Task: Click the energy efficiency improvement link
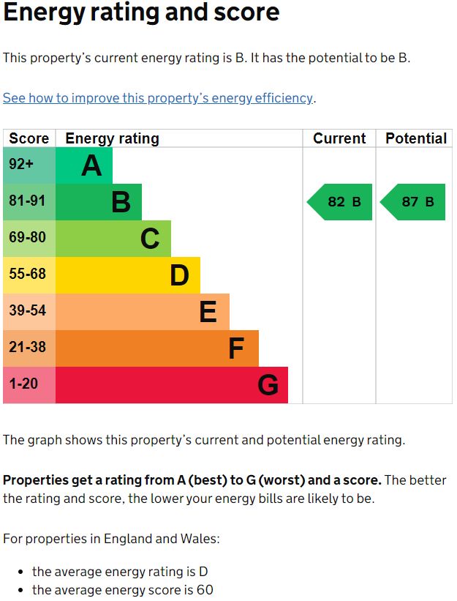(x=159, y=98)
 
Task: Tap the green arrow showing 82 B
(x=340, y=202)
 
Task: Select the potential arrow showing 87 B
(x=414, y=202)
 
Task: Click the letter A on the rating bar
(x=91, y=166)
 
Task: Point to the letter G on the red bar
(x=268, y=385)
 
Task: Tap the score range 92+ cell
(x=29, y=165)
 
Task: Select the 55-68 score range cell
(x=29, y=275)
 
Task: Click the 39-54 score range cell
(x=29, y=312)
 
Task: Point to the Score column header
(x=29, y=138)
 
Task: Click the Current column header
(x=339, y=138)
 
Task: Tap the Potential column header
(x=415, y=138)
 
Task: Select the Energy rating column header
(x=112, y=138)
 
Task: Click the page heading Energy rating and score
(x=141, y=13)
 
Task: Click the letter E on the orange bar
(x=208, y=313)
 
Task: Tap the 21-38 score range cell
(x=29, y=348)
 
